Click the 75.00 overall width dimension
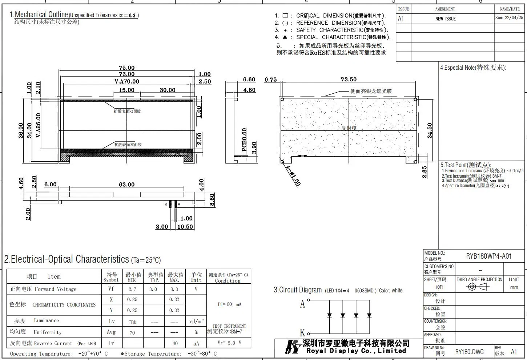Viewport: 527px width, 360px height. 126,68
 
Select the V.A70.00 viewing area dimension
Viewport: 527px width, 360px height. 126,81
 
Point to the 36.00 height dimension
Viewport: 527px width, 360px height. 20,130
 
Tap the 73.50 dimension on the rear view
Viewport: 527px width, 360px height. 348,80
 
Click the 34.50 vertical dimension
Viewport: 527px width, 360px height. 430,130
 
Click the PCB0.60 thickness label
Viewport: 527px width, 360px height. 244,139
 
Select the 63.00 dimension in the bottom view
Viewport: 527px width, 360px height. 126,185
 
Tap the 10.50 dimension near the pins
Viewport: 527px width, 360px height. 185,227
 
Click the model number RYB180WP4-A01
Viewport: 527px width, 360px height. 488,256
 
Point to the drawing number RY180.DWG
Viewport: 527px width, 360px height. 469,352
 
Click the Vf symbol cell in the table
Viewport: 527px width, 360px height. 111,289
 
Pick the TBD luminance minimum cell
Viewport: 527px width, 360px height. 132,322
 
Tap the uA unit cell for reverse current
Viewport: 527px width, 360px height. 196,343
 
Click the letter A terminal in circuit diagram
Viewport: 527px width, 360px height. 302,304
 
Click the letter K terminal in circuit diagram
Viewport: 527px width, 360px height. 302,332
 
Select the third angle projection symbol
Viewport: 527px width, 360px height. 479,287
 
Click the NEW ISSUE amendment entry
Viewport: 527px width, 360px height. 445,19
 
